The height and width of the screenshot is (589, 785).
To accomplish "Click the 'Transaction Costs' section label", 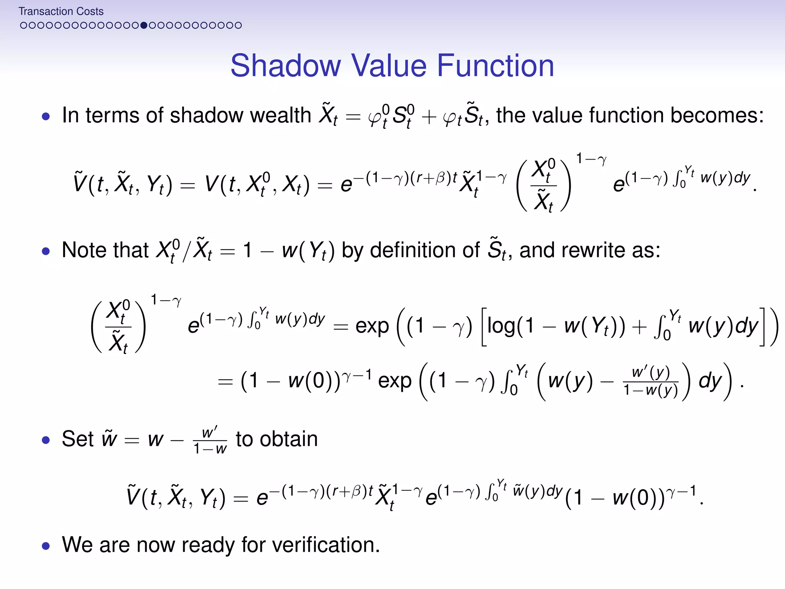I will coord(61,12).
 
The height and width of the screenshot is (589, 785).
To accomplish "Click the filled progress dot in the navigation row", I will coord(144,25).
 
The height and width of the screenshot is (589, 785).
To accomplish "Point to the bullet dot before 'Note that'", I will coord(46,251).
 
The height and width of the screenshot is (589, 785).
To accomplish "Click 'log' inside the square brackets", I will coord(501,326).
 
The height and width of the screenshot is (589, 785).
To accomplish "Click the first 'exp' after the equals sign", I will coord(372,326).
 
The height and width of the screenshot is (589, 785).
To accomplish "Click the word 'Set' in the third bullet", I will coord(78,439).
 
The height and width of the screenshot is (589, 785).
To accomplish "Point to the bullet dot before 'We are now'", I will coord(46,546).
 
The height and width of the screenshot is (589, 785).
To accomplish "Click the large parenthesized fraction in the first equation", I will coord(544,185).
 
